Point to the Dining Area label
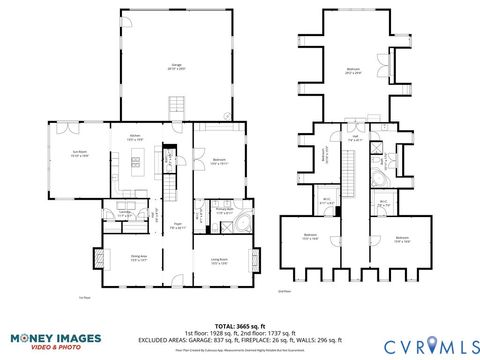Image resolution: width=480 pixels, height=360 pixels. pos(139,259)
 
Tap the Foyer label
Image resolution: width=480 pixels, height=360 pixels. pos(176,226)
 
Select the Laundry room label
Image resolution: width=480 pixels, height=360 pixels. pos(127,213)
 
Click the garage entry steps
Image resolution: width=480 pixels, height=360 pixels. pos(178,104)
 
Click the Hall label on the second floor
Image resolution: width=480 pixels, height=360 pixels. pos(354,141)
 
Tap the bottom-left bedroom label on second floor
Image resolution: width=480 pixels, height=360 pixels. pos(311,236)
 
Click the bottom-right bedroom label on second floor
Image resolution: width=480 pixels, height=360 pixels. pos(402,238)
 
